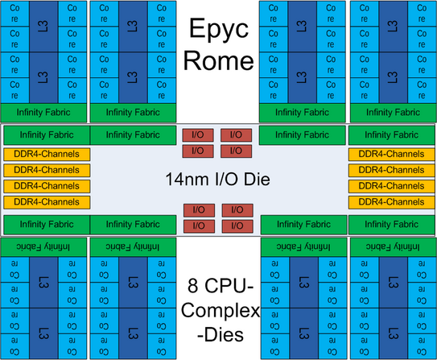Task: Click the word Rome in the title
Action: (219, 60)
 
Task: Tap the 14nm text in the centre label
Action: (187, 179)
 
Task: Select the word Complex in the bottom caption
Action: (221, 310)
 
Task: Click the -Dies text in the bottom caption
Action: (221, 335)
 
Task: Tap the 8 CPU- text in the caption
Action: (221, 286)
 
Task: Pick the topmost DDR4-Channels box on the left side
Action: (47, 154)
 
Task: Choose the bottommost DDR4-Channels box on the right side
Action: (391, 202)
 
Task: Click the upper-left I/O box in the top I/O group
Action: (198, 135)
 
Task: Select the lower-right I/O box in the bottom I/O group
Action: (237, 226)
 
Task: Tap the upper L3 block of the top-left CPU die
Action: (43, 27)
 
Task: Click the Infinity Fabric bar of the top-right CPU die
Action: (393, 113)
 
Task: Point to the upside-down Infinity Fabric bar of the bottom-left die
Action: (43, 247)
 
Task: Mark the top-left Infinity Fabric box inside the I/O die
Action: (47, 135)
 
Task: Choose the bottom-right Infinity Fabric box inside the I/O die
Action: (391, 225)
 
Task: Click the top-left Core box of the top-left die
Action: (14, 14)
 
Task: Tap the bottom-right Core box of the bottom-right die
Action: (422, 346)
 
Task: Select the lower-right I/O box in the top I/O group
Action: (237, 151)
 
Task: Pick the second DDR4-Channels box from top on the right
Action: (391, 171)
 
